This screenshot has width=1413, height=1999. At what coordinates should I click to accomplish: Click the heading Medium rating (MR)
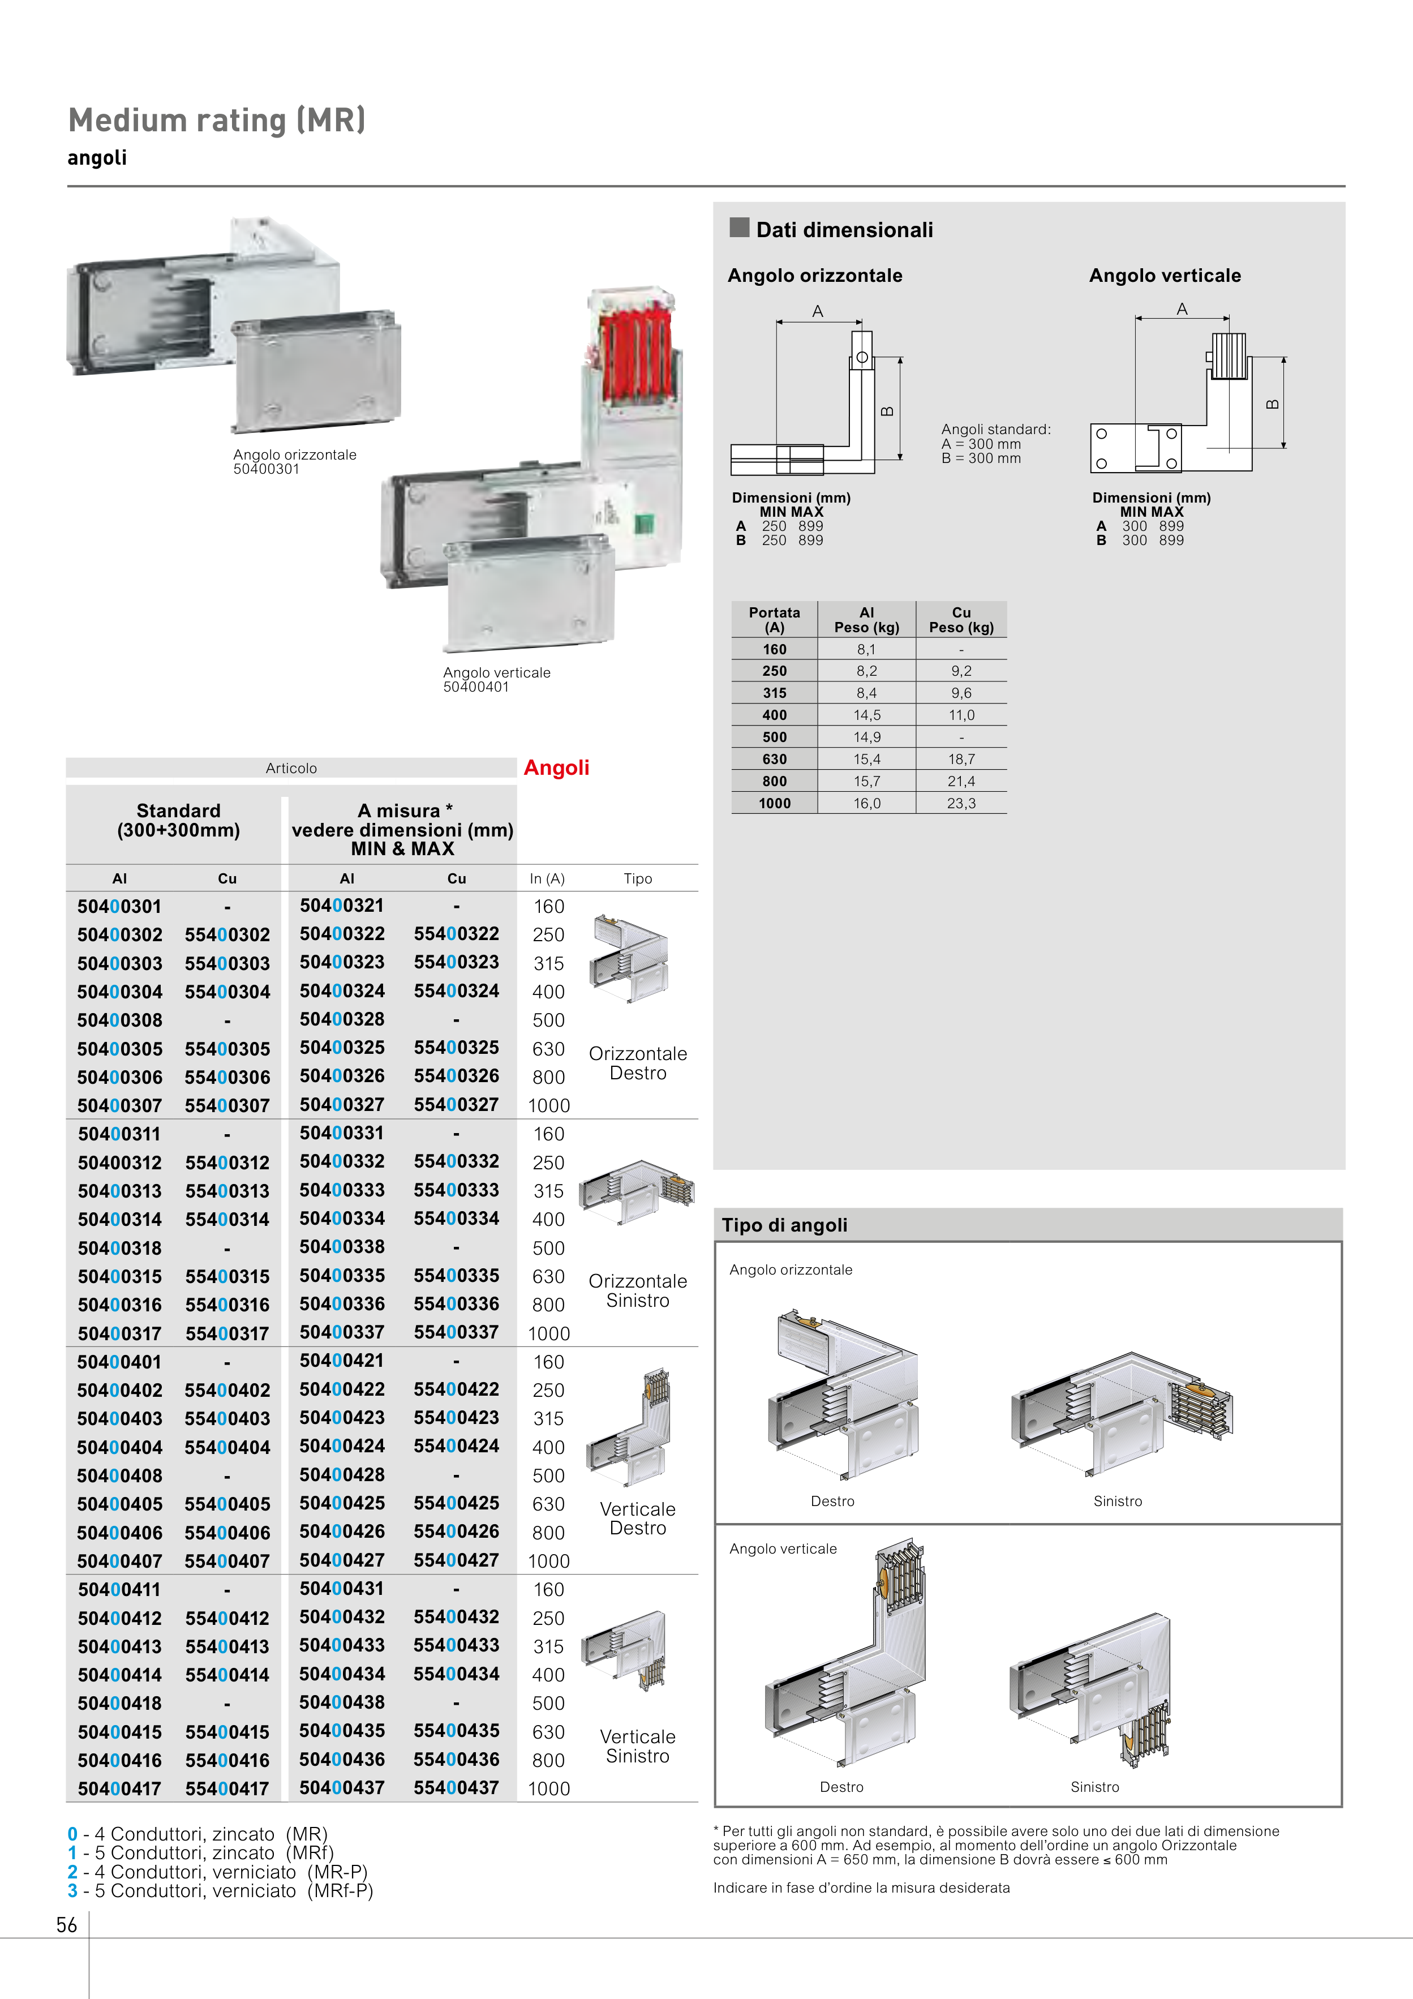(x=217, y=120)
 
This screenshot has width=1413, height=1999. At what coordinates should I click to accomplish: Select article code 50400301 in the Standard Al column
(x=119, y=906)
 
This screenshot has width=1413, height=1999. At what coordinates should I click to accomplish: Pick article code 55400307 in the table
(x=227, y=1106)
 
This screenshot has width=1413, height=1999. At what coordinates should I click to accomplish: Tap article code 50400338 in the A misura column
(x=342, y=1247)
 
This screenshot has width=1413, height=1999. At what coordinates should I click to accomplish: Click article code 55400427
(x=456, y=1560)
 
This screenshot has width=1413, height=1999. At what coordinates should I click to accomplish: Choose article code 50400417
(x=119, y=1789)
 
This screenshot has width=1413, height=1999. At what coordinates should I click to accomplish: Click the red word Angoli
(x=556, y=768)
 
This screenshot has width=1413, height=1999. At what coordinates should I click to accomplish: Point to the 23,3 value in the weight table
(x=961, y=804)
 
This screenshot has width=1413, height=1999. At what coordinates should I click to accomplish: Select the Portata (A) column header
(x=774, y=619)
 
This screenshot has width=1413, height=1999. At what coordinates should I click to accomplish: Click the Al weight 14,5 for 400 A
(x=866, y=715)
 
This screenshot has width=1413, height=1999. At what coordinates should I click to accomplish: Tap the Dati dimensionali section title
(x=844, y=230)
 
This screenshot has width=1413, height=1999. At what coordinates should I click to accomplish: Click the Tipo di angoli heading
(x=784, y=1225)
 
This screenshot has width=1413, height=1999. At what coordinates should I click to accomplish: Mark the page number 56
(x=67, y=1925)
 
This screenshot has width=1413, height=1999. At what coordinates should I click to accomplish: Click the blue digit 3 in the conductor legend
(x=72, y=1890)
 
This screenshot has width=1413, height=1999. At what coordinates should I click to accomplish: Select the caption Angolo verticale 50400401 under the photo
(x=496, y=680)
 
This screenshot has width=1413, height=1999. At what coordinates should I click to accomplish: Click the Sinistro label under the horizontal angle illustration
(x=1117, y=1501)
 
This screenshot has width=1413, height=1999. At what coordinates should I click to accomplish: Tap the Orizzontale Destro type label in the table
(x=637, y=1063)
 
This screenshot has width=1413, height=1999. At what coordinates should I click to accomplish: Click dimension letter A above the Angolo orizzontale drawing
(x=818, y=311)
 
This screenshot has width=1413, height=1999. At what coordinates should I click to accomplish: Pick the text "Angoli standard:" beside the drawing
(x=996, y=429)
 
